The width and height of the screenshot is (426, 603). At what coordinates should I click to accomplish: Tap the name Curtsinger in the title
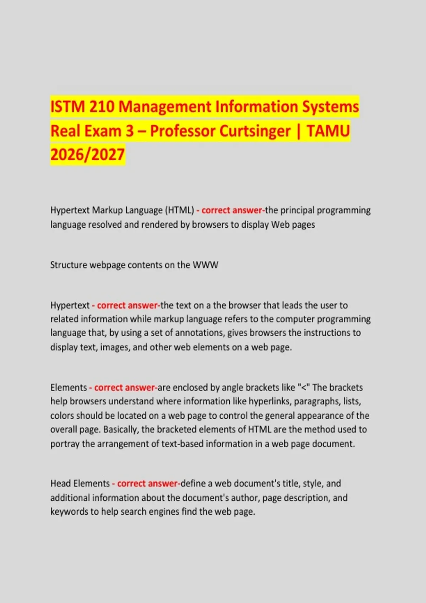255,131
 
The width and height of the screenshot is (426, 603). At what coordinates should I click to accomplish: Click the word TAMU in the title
328,131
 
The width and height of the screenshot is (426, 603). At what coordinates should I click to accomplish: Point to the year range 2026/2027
87,155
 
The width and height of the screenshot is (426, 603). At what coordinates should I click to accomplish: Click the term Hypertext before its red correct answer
70,305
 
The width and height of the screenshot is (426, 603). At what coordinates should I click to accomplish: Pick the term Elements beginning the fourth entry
69,387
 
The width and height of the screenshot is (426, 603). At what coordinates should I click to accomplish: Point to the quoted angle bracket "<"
304,387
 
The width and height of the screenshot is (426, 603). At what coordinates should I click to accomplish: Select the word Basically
121,430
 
